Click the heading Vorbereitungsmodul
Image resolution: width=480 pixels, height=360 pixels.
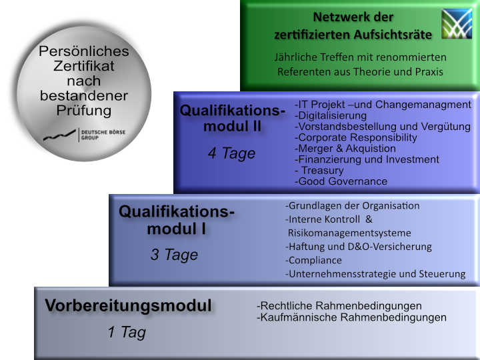(128, 306)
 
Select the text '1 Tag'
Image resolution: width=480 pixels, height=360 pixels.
(127, 332)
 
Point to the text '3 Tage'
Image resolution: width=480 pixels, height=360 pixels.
(174, 255)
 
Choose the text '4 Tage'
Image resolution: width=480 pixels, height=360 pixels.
(231, 153)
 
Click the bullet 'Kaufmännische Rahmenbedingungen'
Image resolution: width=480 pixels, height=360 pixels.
(351, 317)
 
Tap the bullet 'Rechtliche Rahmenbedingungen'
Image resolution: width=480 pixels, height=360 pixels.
(339, 305)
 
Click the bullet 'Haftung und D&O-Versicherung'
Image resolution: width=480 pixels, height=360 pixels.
(359, 247)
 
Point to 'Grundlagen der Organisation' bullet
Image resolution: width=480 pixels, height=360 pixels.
(353, 205)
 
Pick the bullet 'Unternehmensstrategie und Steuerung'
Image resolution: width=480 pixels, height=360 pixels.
(375, 274)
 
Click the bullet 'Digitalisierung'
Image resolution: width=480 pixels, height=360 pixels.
(331, 115)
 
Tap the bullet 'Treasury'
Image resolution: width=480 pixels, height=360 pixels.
(321, 171)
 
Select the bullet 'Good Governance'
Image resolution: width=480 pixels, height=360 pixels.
(341, 181)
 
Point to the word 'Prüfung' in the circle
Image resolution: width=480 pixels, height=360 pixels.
(84, 110)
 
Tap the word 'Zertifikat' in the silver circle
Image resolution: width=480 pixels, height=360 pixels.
(84, 65)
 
